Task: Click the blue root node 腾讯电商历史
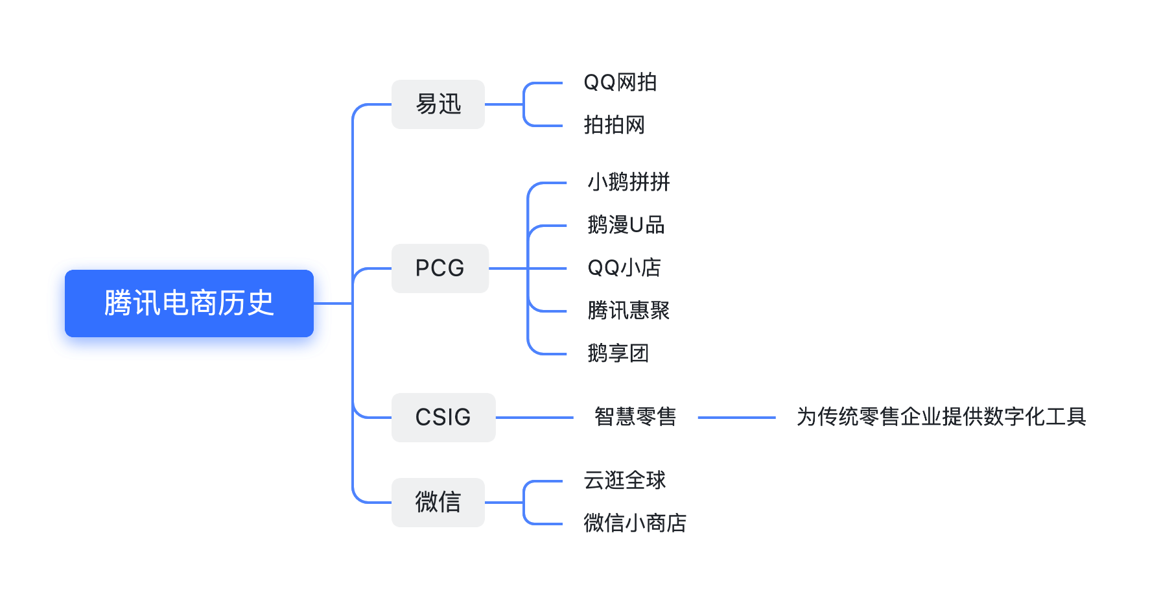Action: click(189, 303)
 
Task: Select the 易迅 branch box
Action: click(438, 104)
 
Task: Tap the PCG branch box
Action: click(440, 268)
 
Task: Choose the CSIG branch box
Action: click(443, 418)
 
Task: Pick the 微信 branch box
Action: click(438, 503)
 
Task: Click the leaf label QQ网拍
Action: click(620, 82)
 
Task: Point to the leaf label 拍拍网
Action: click(615, 125)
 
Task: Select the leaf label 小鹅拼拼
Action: click(629, 182)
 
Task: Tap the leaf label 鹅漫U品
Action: click(626, 225)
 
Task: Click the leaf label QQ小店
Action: click(624, 268)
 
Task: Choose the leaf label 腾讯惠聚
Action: click(629, 311)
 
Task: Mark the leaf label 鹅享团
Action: click(618, 353)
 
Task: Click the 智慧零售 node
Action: click(635, 417)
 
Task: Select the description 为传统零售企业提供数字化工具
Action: click(941, 417)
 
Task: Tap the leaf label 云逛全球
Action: click(625, 481)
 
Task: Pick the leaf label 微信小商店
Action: click(635, 523)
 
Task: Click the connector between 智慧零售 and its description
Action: click(736, 418)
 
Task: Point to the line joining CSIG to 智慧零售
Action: click(535, 418)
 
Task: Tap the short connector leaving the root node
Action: click(333, 303)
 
